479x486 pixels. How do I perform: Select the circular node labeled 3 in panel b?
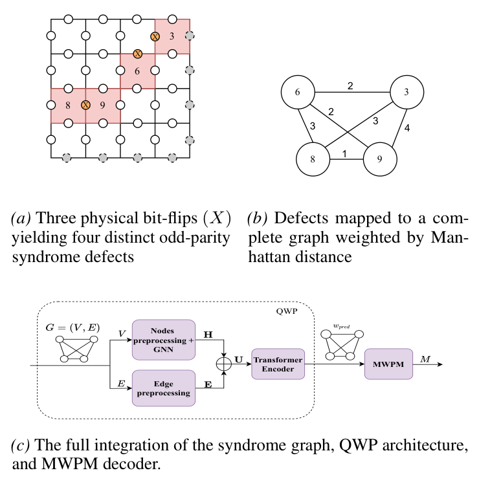coord(405,93)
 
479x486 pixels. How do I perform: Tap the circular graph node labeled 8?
coord(313,159)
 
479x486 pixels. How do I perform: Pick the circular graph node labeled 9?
coord(379,159)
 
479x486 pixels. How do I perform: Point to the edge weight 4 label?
coord(408,128)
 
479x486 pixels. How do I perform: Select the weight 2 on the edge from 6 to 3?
coord(350,85)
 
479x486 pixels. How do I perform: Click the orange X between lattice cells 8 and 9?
coord(85,105)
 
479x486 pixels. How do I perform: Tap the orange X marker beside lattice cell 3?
coord(155,37)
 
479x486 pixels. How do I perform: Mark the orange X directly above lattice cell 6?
coord(137,54)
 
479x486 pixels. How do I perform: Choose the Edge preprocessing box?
coord(163,388)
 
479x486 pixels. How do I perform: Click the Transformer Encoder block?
coord(278,364)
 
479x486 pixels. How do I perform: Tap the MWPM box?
coord(388,364)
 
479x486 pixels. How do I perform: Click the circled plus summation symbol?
coord(225,364)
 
